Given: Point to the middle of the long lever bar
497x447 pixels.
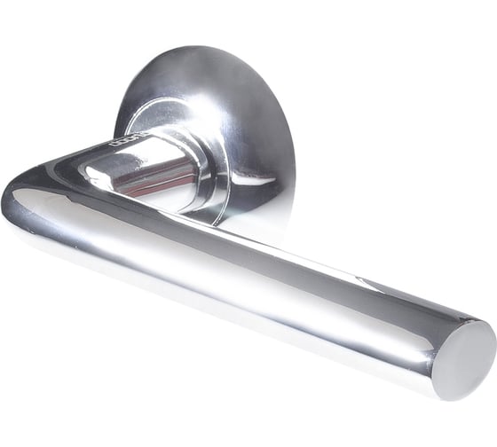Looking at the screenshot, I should click(257, 271).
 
